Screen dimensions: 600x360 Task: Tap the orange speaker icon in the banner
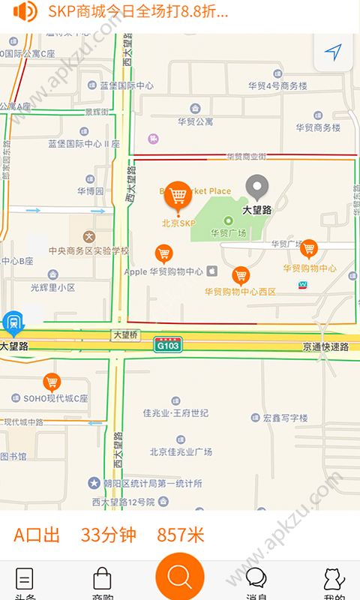(x=25, y=11)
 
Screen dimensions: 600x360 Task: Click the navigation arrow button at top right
(x=333, y=52)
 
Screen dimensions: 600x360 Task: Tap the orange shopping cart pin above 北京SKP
(x=178, y=196)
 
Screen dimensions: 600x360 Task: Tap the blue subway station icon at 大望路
(x=12, y=323)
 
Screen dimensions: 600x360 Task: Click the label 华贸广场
(x=229, y=232)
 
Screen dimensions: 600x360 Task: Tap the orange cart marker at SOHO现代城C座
(x=52, y=382)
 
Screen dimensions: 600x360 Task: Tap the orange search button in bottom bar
(x=180, y=577)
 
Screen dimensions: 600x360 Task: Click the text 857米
(x=180, y=535)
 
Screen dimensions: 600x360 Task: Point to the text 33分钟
(x=109, y=535)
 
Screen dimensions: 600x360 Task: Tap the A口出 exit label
(x=37, y=535)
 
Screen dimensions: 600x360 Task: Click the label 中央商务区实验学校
(x=88, y=250)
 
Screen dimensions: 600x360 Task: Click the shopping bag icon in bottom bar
(x=102, y=579)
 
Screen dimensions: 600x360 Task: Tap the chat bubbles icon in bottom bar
(x=256, y=578)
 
